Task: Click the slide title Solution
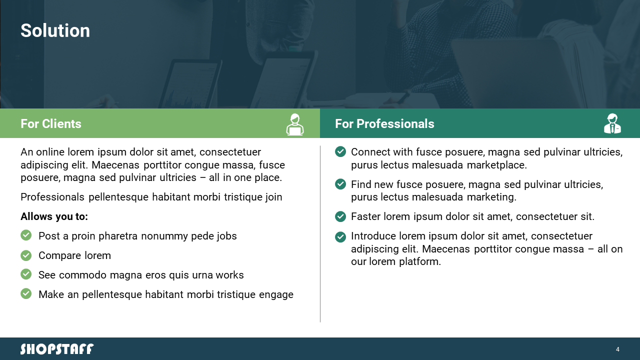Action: click(x=55, y=30)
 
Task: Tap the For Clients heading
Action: click(x=51, y=123)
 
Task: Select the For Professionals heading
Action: click(x=384, y=123)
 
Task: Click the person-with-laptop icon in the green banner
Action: click(x=295, y=124)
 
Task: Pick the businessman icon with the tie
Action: click(x=612, y=123)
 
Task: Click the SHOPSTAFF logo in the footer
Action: click(x=57, y=349)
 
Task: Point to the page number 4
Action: click(x=617, y=349)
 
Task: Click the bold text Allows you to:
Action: click(x=54, y=216)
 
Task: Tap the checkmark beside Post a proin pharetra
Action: click(x=26, y=235)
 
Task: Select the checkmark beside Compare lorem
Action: click(x=26, y=255)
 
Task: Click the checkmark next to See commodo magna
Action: click(x=26, y=274)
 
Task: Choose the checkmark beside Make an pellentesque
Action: click(x=26, y=293)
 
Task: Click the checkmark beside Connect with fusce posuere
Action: click(x=340, y=151)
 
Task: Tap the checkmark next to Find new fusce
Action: click(x=340, y=184)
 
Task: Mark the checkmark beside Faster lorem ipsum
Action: click(x=340, y=216)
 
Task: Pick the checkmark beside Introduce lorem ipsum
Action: click(x=340, y=237)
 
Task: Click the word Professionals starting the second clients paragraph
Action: click(x=52, y=197)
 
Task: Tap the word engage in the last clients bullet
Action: click(x=276, y=295)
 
